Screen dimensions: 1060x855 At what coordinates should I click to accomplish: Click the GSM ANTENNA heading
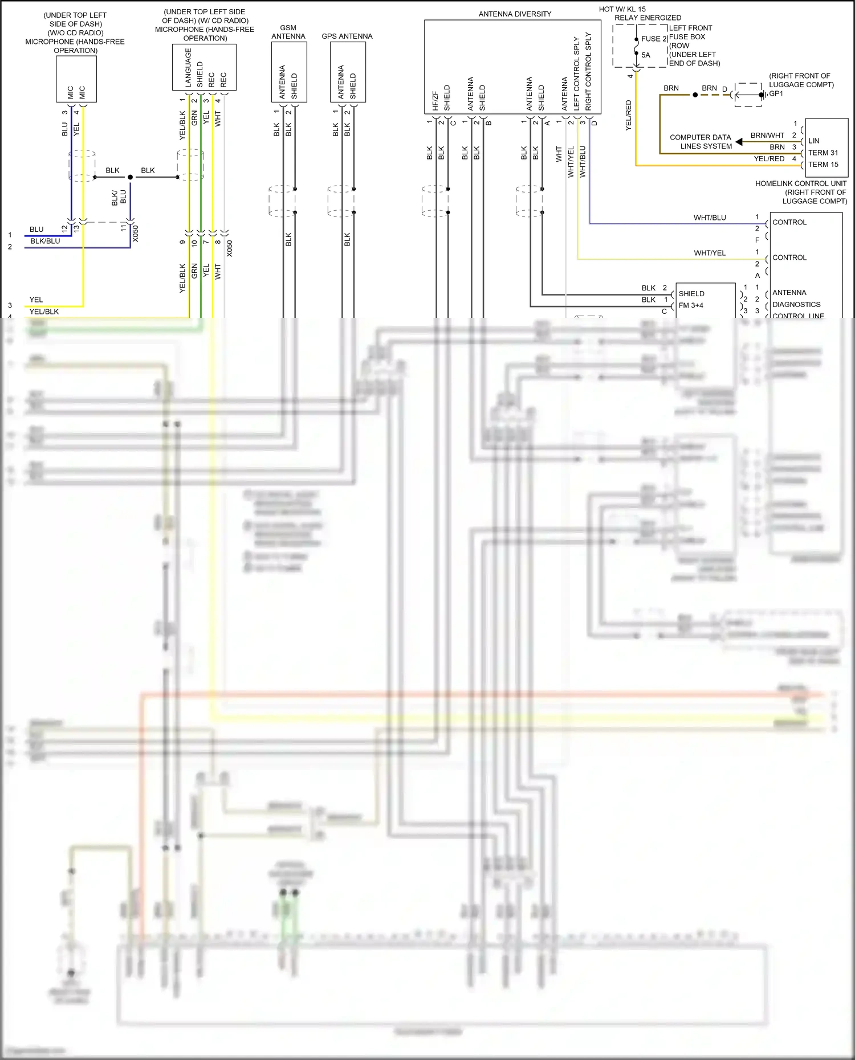click(288, 32)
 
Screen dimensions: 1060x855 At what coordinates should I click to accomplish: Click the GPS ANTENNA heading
click(347, 36)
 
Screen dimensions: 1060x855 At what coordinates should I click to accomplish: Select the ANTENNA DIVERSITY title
click(514, 14)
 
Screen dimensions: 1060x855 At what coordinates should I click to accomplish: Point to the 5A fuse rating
click(646, 55)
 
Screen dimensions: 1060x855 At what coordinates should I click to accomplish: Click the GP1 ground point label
click(776, 93)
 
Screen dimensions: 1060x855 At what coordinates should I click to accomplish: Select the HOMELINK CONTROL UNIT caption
click(800, 183)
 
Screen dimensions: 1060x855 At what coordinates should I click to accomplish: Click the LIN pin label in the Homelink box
click(813, 141)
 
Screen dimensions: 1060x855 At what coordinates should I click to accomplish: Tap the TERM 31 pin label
click(823, 153)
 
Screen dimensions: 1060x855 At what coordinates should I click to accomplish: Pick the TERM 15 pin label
click(823, 165)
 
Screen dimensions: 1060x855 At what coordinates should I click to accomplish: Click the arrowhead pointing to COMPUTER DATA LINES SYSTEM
click(739, 142)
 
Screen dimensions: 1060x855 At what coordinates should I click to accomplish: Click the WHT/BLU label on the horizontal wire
click(709, 218)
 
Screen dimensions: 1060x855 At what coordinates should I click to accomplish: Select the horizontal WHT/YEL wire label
click(709, 253)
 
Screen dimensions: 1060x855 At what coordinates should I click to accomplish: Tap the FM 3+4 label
click(690, 305)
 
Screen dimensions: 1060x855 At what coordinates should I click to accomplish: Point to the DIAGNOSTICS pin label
click(796, 305)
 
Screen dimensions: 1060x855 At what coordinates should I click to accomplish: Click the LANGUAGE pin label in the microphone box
click(188, 67)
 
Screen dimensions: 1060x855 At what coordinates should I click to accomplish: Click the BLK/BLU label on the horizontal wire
click(45, 241)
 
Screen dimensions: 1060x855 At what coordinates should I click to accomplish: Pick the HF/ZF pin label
click(435, 100)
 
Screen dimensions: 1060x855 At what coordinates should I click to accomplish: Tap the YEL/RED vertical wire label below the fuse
click(628, 115)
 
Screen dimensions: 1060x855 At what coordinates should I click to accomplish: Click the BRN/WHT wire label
click(767, 136)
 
